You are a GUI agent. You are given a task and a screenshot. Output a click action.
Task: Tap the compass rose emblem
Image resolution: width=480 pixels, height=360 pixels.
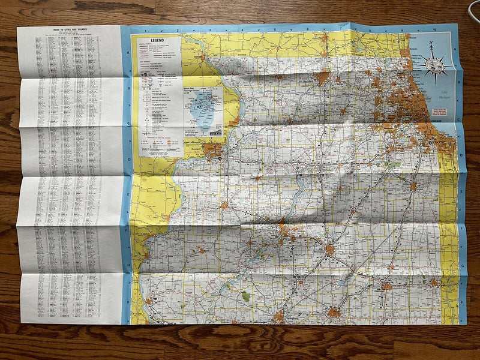pos(433,64)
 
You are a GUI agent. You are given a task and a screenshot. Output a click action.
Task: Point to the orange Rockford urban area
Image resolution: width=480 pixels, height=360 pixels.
pos(322,77)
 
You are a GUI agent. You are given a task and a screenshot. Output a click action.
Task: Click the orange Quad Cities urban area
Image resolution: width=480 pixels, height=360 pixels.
pos(212,149)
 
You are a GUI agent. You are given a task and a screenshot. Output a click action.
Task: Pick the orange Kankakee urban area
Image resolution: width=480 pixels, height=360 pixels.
pos(413,186)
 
